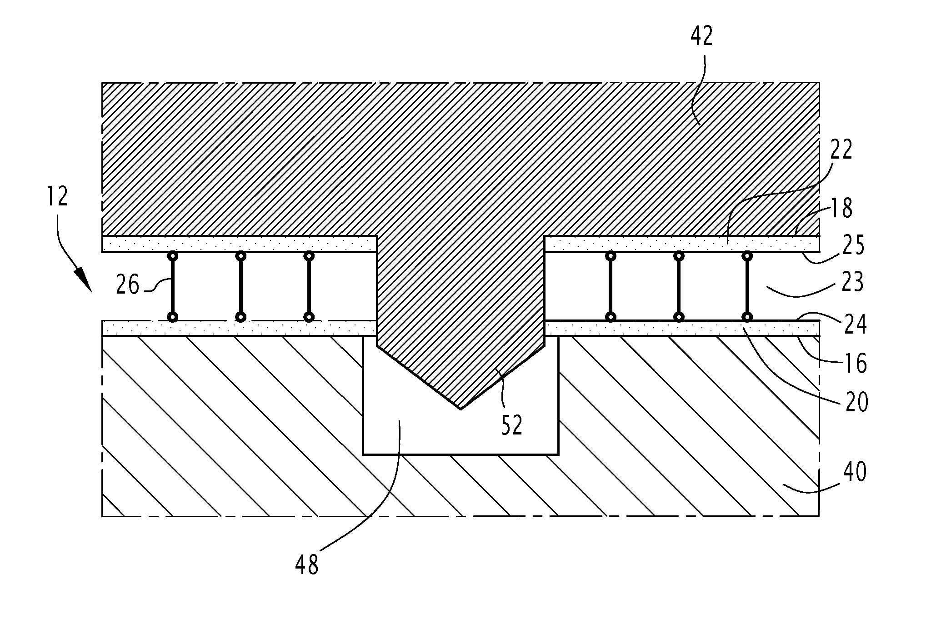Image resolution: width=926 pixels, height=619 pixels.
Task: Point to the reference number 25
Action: pyautogui.click(x=852, y=245)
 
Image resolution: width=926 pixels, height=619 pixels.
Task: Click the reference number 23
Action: pyautogui.click(x=851, y=282)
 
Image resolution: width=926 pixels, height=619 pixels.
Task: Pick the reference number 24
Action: pyautogui.click(x=855, y=324)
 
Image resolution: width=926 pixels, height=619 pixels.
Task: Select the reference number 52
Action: pyautogui.click(x=512, y=425)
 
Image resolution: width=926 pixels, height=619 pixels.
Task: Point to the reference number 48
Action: pyautogui.click(x=307, y=565)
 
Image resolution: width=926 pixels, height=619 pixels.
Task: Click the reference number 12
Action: pyautogui.click(x=57, y=196)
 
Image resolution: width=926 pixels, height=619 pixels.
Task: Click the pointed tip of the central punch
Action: pyautogui.click(x=460, y=409)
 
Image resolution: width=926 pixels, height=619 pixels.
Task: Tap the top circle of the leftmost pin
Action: pyautogui.click(x=172, y=256)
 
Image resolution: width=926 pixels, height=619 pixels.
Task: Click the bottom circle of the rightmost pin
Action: pyautogui.click(x=746, y=317)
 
